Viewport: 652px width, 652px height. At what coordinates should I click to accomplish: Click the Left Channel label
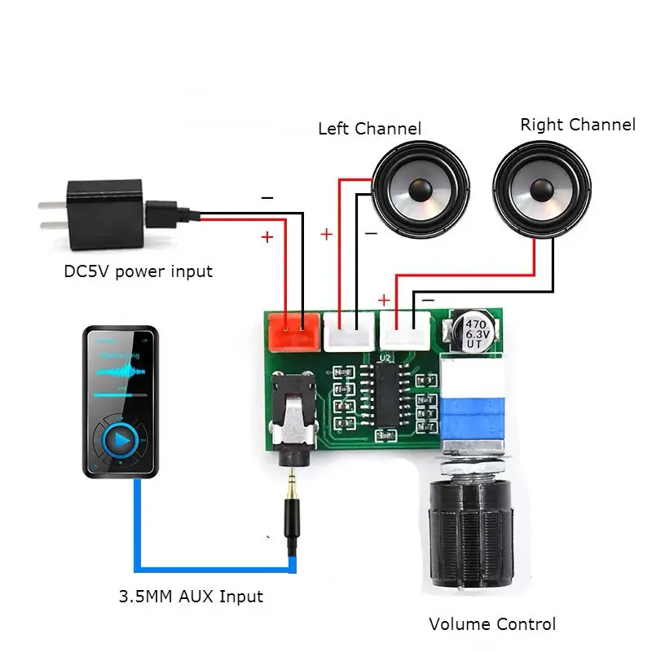[x=369, y=129]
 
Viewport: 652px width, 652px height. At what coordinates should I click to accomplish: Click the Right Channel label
[x=577, y=125]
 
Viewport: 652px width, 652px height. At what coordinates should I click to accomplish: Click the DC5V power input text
[x=138, y=271]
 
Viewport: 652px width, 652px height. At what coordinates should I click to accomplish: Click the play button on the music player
[x=121, y=441]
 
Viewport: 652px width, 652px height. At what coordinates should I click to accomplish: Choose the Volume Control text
[x=492, y=624]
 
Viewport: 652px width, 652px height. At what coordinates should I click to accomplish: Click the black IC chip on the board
[x=384, y=394]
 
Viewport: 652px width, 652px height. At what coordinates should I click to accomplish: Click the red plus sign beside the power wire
[x=267, y=237]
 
